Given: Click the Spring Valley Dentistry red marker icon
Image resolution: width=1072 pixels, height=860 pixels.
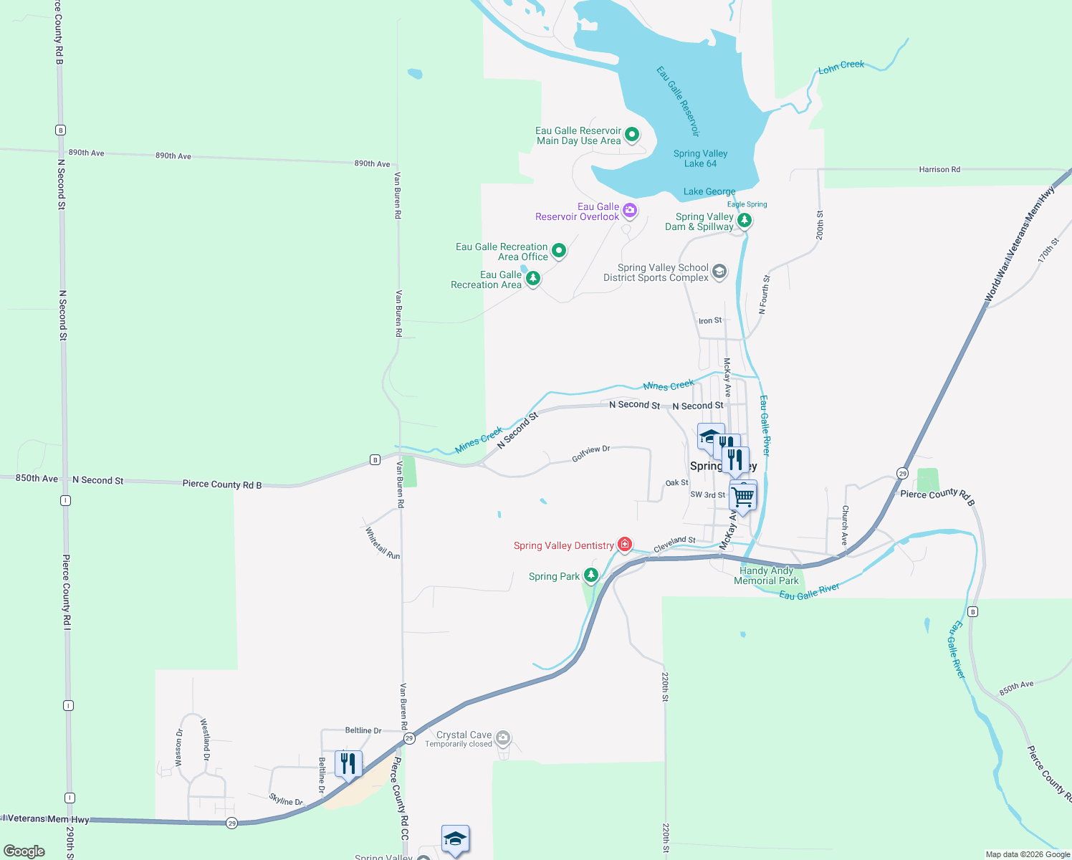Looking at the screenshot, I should click(x=625, y=545).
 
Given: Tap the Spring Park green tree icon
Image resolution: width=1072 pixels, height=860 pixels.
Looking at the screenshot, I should click(x=591, y=575).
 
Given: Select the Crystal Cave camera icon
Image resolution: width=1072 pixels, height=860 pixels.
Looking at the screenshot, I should click(x=503, y=737).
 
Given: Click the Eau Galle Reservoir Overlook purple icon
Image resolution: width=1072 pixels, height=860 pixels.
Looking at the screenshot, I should click(x=630, y=210).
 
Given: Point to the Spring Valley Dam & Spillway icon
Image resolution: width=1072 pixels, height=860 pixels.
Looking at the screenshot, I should click(x=745, y=220).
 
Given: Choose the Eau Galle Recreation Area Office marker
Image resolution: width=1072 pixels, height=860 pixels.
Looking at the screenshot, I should click(x=559, y=251).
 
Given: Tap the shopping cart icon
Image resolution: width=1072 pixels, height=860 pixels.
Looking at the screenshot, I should click(x=743, y=495).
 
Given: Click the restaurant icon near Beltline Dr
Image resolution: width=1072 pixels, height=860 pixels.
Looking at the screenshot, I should click(x=348, y=764).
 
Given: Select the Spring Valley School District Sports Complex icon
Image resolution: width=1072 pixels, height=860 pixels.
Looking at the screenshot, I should click(x=719, y=272).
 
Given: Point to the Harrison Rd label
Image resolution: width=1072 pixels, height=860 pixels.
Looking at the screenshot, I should click(x=939, y=170).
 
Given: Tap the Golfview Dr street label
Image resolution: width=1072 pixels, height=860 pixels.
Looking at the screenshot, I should click(x=591, y=454).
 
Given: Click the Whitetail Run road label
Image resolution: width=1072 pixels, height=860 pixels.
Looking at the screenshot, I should click(x=383, y=543).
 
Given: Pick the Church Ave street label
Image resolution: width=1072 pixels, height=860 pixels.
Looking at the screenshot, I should click(x=846, y=525).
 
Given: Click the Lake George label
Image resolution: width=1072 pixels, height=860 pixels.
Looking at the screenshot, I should click(x=709, y=191).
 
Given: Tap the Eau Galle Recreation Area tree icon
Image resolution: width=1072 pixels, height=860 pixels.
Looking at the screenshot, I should click(x=532, y=278).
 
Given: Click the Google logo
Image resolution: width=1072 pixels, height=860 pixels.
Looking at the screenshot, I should click(x=24, y=851).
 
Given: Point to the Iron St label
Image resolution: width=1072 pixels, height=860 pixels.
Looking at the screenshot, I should click(x=710, y=321).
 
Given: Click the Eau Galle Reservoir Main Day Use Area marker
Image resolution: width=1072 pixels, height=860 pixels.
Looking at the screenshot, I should click(x=632, y=135).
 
